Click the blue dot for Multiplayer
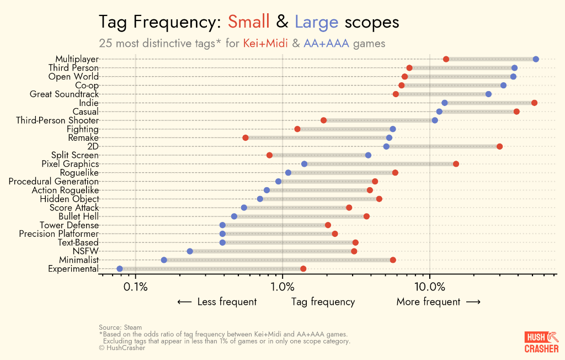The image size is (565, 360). tap(536, 59)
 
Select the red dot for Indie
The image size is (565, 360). tap(534, 103)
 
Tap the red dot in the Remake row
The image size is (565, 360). tap(246, 138)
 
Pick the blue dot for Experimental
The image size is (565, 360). tap(120, 269)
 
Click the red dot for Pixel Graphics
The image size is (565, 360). tap(456, 164)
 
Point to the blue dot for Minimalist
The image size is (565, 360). tap(164, 260)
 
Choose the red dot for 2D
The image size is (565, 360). tap(499, 146)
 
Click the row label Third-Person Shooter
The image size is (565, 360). tap(57, 120)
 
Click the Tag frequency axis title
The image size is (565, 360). tap(323, 302)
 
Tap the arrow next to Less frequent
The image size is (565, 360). tap(184, 302)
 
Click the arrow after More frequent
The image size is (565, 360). tap(473, 302)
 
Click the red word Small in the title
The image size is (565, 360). tap(249, 22)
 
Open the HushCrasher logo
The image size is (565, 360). tap(541, 342)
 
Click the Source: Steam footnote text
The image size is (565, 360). tap(120, 327)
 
